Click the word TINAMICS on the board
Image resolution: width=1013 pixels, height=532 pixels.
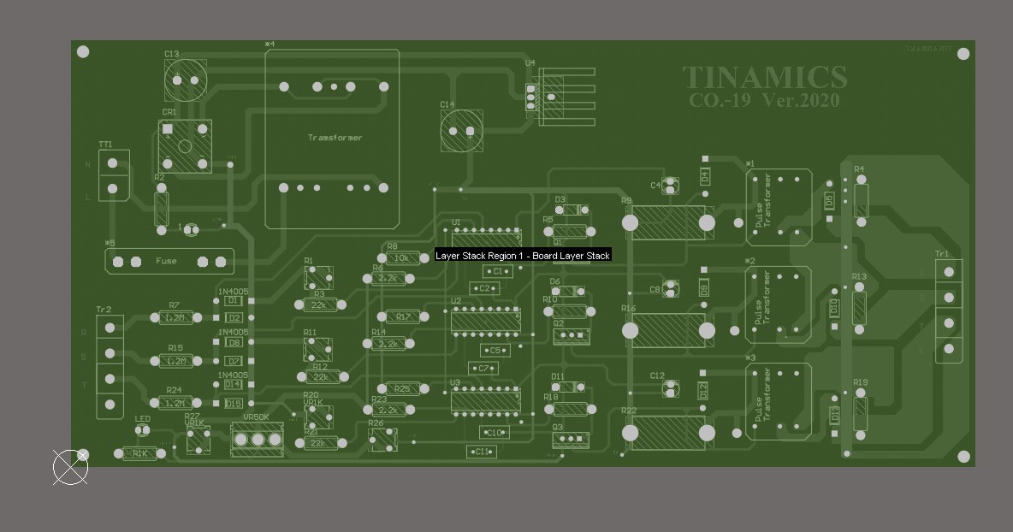pyautogui.click(x=764, y=78)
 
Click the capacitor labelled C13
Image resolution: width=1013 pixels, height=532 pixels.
pyautogui.click(x=186, y=80)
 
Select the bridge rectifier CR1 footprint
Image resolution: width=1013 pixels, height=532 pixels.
pyautogui.click(x=185, y=146)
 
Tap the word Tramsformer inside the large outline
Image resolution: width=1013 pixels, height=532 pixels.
pyautogui.click(x=335, y=138)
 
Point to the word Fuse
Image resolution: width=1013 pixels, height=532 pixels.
pyautogui.click(x=166, y=261)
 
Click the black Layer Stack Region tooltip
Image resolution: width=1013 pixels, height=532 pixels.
pyautogui.click(x=522, y=256)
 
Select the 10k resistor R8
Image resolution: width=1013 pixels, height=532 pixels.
pyautogui.click(x=402, y=257)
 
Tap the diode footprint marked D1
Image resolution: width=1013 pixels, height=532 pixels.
pyautogui.click(x=233, y=301)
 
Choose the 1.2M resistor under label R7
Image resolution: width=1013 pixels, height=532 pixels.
pyautogui.click(x=175, y=317)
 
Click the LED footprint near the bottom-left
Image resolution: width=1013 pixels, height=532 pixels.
pyautogui.click(x=143, y=431)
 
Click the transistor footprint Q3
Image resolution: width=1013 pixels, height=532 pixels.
pyautogui.click(x=570, y=440)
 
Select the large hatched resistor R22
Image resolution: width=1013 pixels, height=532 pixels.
pyautogui.click(x=668, y=433)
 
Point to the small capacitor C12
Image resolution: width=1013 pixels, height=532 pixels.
pyautogui.click(x=671, y=389)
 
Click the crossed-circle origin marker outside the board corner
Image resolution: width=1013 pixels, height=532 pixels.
pyautogui.click(x=70, y=467)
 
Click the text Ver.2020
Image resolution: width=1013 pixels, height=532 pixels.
pyautogui.click(x=801, y=100)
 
